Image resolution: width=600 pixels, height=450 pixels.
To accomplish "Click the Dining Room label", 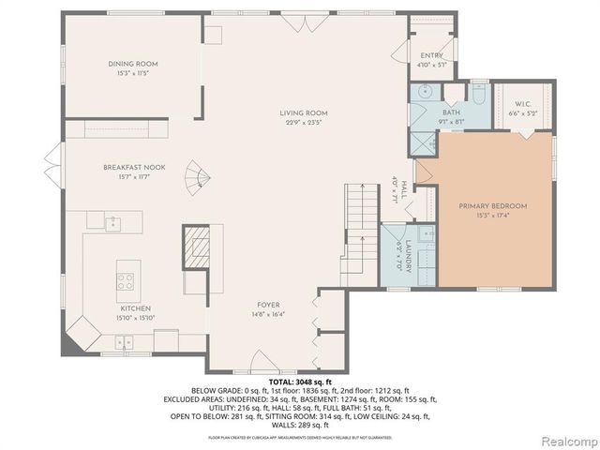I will pos(131,64).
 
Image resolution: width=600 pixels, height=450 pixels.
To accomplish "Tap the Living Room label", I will pos(304,112).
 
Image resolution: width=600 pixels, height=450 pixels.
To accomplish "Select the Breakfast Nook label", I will pos(134,167).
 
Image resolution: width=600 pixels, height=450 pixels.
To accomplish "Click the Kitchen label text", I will pos(135,308).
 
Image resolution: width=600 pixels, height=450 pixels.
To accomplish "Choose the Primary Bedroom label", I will pos(492,206).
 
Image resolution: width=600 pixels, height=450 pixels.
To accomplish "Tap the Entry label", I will pos(431,56).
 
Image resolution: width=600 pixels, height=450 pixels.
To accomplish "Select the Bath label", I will pos(450,112).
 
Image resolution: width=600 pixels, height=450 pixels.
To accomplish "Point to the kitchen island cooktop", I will pos(125,277).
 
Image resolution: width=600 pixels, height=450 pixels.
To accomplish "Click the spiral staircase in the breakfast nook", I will pos(197,175).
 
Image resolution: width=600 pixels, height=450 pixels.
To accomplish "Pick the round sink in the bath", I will pos(425,92).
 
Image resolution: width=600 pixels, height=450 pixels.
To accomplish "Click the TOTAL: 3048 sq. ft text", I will pos(300,382).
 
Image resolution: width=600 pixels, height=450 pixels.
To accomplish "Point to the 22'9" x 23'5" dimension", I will pos(304,122).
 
